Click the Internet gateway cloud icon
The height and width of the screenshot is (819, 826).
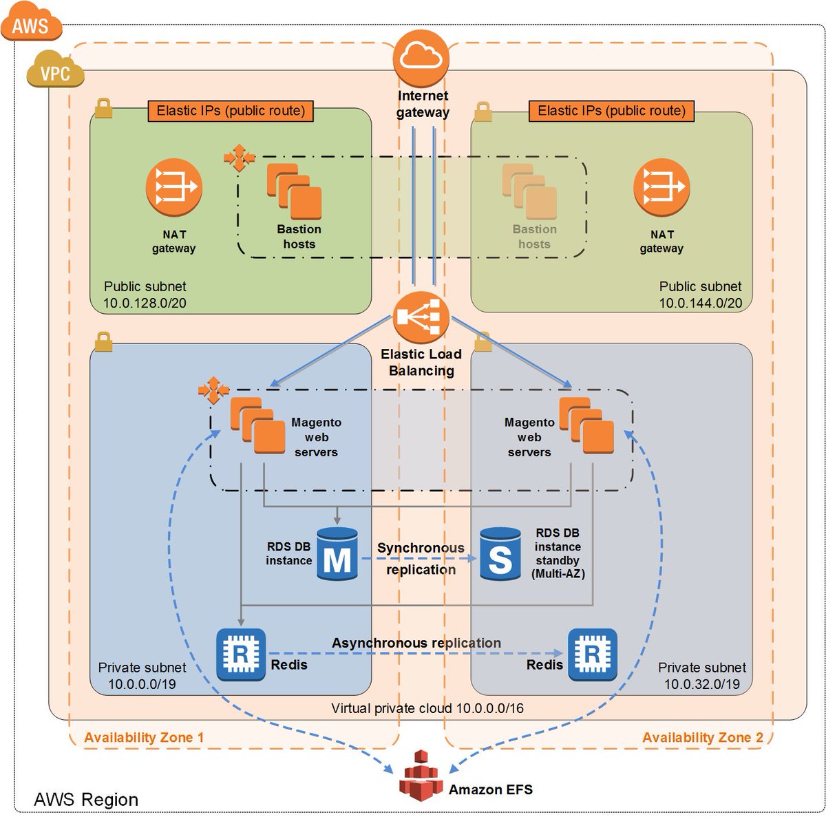click(x=421, y=58)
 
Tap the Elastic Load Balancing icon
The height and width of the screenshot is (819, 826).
click(x=421, y=317)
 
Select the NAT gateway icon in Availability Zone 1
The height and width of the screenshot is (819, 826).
click(x=173, y=187)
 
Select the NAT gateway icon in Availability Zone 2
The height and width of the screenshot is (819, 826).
click(x=661, y=187)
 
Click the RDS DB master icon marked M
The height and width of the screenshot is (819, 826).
click(x=337, y=553)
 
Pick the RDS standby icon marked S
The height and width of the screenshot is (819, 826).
click(x=500, y=553)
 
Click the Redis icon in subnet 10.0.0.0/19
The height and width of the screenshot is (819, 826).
click(x=241, y=655)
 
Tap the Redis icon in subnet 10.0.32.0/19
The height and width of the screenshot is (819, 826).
click(x=592, y=655)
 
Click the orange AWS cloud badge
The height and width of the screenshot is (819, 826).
click(x=31, y=22)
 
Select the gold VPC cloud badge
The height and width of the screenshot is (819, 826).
click(x=55, y=70)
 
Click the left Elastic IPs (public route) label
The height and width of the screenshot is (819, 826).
click(x=231, y=111)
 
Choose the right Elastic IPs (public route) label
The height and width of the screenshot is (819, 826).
click(x=611, y=111)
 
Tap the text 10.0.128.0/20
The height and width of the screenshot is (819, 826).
click(x=145, y=303)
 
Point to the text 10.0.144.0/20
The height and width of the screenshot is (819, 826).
click(x=700, y=303)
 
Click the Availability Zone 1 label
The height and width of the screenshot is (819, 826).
click(x=144, y=737)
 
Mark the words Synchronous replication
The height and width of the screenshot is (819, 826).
click(x=421, y=558)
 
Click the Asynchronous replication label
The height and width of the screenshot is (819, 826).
click(x=416, y=642)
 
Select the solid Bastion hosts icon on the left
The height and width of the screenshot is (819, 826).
click(x=294, y=191)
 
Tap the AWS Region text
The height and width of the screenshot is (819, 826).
click(x=86, y=800)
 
